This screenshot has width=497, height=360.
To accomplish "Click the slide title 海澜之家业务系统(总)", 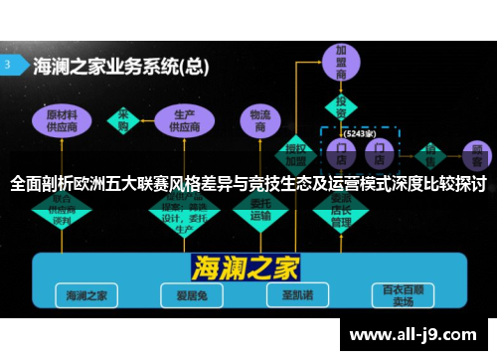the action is pos(121,67).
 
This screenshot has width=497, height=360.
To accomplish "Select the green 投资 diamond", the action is pos(341,106).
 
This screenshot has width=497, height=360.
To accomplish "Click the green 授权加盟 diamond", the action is pos(296,152).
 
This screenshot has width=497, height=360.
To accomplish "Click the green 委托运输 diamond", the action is pos(261,210).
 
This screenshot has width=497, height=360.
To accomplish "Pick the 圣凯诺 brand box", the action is pos(297,295).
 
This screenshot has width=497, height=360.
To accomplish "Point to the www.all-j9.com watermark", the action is pos(413,334).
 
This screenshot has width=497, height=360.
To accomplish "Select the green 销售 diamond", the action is pos(430,152).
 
